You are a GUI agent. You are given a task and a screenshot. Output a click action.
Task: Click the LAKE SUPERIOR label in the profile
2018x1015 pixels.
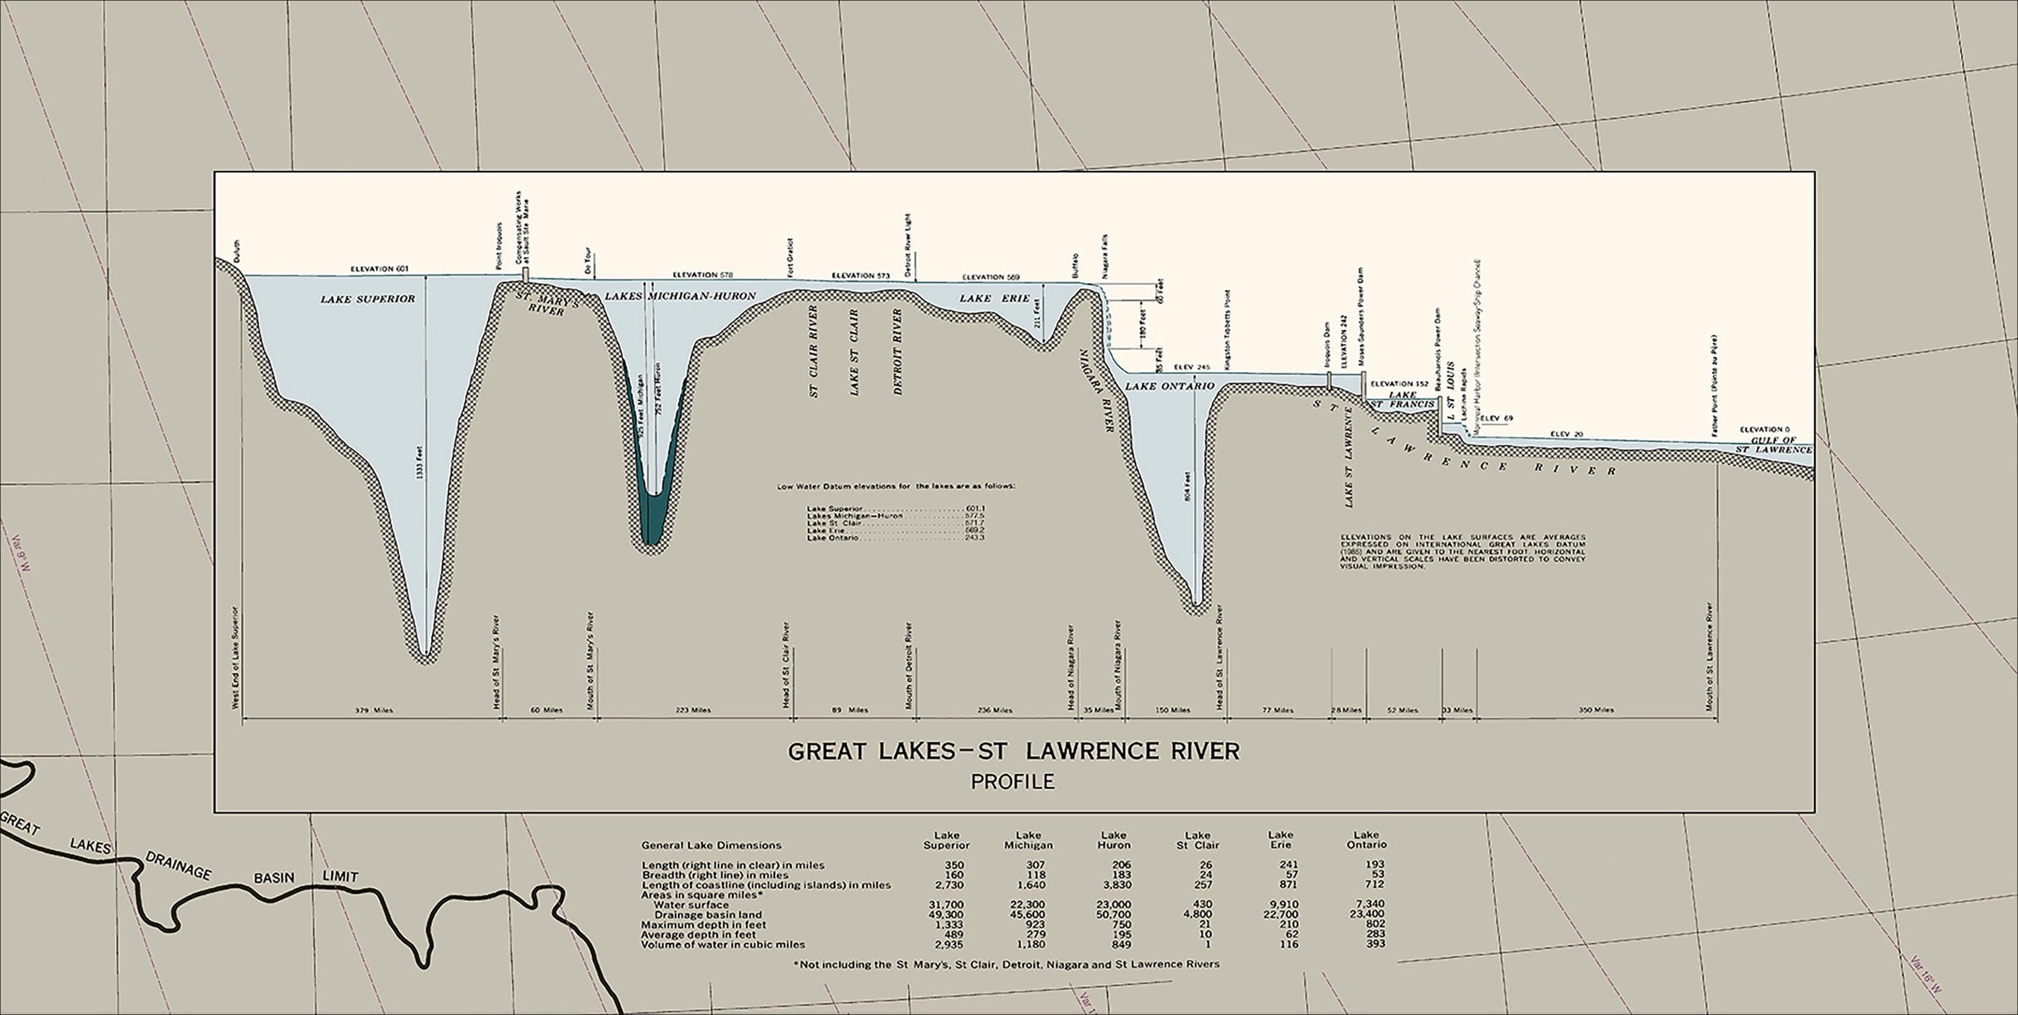pos(367,299)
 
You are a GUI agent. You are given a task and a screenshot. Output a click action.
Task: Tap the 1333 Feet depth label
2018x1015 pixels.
pos(422,461)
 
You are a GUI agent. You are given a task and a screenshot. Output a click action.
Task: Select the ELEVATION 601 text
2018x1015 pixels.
pos(379,268)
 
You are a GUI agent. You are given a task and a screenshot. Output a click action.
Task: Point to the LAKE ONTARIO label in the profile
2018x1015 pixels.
pos(1169,386)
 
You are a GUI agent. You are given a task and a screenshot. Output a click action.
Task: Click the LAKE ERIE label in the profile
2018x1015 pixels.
pos(994,299)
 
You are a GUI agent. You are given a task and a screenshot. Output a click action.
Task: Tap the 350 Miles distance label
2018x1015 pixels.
pos(1596,710)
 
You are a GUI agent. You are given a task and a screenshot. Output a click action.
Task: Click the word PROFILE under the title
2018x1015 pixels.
pos(1012,781)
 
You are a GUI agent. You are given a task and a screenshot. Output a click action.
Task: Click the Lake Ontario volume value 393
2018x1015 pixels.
pos(1367,944)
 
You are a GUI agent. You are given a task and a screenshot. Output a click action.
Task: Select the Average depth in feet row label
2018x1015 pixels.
pos(699,934)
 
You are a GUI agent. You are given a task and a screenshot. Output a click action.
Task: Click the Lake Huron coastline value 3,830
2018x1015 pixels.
pos(1114,885)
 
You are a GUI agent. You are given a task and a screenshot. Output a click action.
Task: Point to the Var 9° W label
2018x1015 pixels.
pos(22,554)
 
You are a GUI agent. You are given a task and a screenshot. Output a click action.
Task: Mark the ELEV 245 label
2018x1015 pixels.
pos(1193,367)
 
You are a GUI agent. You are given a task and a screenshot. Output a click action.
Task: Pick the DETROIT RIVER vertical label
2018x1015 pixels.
pos(898,351)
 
